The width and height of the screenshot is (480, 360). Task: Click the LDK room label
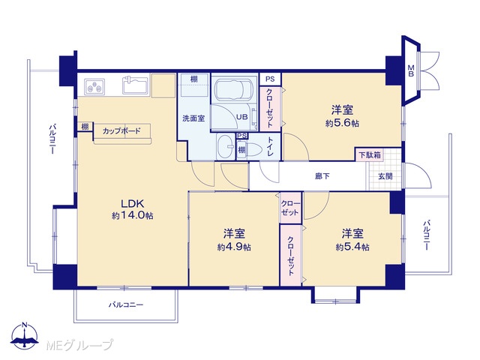[133, 203]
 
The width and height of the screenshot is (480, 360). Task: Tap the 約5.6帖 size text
[342, 123]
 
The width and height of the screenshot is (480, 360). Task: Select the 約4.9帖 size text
[234, 247]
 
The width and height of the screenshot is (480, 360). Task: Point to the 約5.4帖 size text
[352, 247]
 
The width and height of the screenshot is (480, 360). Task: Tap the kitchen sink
[135, 85]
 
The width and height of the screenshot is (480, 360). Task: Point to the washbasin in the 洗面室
[226, 147]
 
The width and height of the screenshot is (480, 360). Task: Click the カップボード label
[121, 131]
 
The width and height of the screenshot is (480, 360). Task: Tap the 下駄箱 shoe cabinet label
[370, 155]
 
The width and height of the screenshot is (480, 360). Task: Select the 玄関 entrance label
[385, 176]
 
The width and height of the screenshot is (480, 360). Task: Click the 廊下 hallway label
[322, 176]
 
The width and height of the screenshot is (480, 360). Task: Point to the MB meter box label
[411, 70]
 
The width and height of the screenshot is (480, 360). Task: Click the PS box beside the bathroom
[270, 79]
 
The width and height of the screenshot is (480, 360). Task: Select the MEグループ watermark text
[79, 345]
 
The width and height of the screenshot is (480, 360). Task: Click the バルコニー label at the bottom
[126, 305]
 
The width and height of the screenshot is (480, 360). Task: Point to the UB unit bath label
[241, 117]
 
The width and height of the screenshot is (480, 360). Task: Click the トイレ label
[270, 146]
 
